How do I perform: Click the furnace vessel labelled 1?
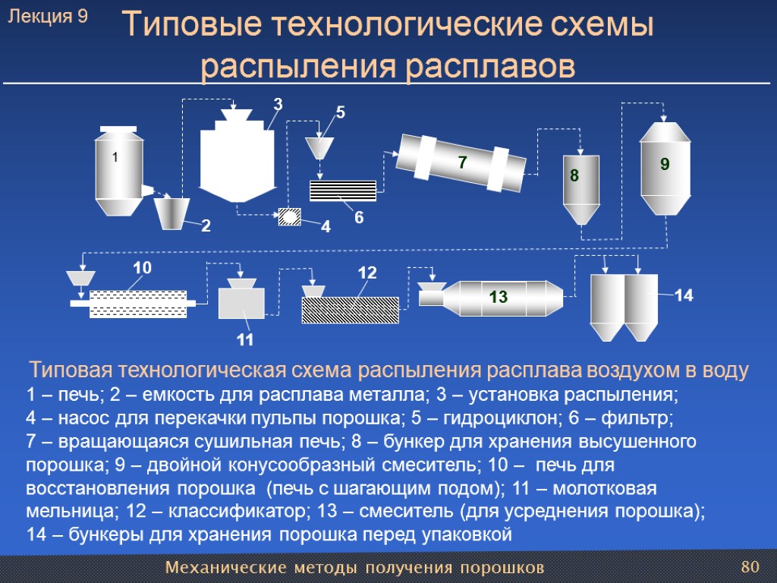pyautogui.click(x=119, y=171)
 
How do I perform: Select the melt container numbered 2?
pyautogui.click(x=171, y=213)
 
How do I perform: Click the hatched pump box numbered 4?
pyautogui.click(x=289, y=216)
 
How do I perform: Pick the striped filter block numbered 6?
pyautogui.click(x=343, y=191)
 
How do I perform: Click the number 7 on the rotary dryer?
pyautogui.click(x=462, y=162)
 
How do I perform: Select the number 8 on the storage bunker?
pyautogui.click(x=574, y=175)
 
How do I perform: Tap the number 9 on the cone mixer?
pyautogui.click(x=665, y=164)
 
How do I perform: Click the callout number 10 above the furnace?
pyautogui.click(x=142, y=268)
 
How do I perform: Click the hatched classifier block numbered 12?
pyautogui.click(x=351, y=310)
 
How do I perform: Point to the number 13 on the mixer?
pyautogui.click(x=498, y=297)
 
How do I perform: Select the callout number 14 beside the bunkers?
pyautogui.click(x=684, y=295)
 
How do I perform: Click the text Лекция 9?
pyautogui.click(x=48, y=17)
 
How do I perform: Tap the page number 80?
pyautogui.click(x=750, y=566)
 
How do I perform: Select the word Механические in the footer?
pyautogui.click(x=225, y=568)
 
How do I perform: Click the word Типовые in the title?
pyautogui.click(x=192, y=24)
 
